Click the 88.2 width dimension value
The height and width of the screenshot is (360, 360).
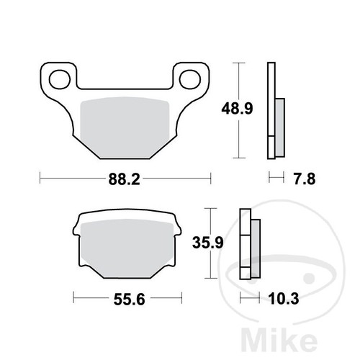click(x=124, y=179)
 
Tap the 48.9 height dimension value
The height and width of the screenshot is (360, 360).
click(x=237, y=109)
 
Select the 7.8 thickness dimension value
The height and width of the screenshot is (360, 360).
click(x=305, y=179)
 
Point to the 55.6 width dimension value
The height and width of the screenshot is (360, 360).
click(x=130, y=300)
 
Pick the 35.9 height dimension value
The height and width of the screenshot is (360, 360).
click(x=208, y=243)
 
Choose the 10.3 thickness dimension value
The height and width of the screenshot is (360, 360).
click(x=284, y=299)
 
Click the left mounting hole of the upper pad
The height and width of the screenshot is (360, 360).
click(x=60, y=79)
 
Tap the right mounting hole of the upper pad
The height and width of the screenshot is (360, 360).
click(x=190, y=79)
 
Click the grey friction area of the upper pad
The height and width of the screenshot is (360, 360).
click(x=125, y=127)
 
